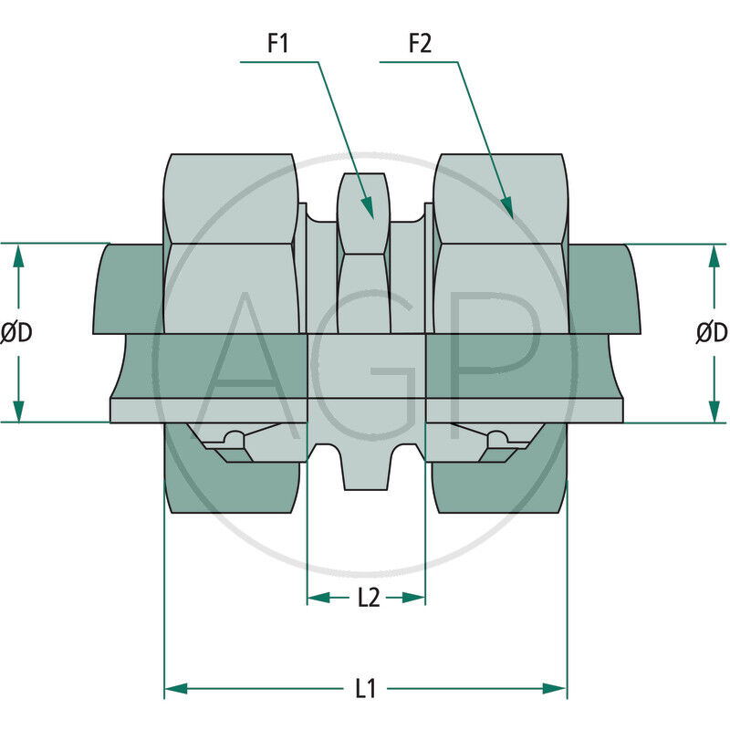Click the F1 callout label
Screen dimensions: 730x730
(277, 43)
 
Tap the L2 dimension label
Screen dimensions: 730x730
(367, 598)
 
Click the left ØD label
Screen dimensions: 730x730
(16, 334)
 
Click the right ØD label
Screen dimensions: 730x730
(712, 334)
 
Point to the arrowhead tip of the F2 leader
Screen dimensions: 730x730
(512, 216)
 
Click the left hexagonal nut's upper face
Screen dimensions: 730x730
(231, 196)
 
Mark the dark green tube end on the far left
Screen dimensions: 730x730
(128, 287)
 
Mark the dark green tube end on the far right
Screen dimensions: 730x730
(602, 287)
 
